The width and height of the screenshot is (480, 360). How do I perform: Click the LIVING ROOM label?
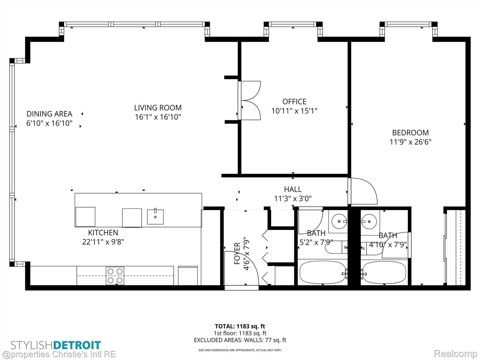pyautogui.click(x=158, y=108)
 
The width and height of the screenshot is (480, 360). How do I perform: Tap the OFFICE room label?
pyautogui.click(x=294, y=102)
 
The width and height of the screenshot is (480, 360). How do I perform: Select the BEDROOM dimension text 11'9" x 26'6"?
pyautogui.click(x=410, y=142)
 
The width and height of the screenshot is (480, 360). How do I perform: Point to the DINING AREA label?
pyautogui.click(x=49, y=114)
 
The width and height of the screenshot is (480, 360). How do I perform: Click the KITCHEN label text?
pyautogui.click(x=103, y=232)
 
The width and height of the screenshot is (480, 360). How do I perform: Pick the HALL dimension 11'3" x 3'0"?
pyautogui.click(x=293, y=199)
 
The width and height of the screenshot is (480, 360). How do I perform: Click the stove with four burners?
pyautogui.click(x=115, y=276)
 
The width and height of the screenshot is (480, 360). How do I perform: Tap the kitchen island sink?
pyautogui.click(x=155, y=217)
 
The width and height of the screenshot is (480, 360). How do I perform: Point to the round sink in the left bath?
pyautogui.click(x=339, y=221)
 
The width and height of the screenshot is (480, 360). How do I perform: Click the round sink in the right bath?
pyautogui.click(x=369, y=221)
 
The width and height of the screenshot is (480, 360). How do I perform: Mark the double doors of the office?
pyautogui.click(x=249, y=100)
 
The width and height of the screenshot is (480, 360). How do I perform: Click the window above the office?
pyautogui.click(x=293, y=24)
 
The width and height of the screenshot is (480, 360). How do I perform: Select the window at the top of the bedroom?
pyautogui.click(x=409, y=24)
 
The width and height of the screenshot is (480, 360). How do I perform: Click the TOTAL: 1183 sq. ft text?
pyautogui.click(x=240, y=326)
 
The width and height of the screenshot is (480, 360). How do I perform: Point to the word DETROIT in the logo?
pyautogui.click(x=77, y=345)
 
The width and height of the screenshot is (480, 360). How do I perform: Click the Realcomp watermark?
pyautogui.click(x=455, y=353)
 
